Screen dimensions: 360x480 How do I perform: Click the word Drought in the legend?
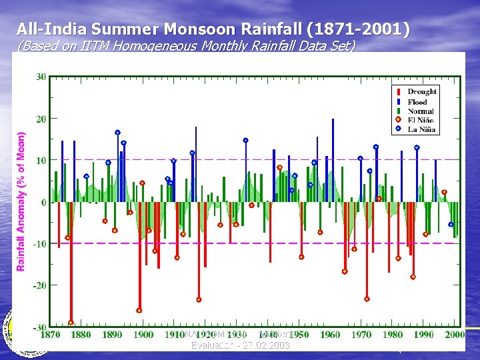(422, 91)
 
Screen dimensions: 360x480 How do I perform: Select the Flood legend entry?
(417, 102)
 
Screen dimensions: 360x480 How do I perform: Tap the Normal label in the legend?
(420, 111)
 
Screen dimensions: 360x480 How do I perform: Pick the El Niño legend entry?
(421, 121)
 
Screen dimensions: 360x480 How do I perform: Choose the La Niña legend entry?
(421, 130)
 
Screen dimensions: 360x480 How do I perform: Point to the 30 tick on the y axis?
(41, 77)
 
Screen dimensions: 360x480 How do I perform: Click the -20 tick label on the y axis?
(40, 285)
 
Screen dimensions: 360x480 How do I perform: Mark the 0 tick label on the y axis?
(44, 202)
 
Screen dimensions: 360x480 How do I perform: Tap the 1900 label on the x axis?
(143, 334)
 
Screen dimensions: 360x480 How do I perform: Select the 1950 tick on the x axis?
(299, 334)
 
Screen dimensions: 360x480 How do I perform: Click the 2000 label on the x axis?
(455, 334)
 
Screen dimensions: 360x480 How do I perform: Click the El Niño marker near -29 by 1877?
(71, 323)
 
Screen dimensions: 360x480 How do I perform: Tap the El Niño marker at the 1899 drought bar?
(139, 310)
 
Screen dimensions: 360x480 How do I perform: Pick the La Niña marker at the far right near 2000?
(451, 225)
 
